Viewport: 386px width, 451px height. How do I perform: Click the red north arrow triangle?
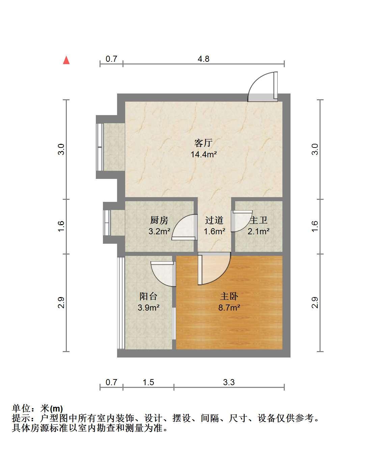(66, 60)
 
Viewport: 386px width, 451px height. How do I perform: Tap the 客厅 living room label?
(203, 143)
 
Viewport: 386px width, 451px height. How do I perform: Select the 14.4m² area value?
(204, 155)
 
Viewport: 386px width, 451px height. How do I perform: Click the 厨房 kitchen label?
(159, 220)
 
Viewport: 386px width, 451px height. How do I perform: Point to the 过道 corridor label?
(214, 220)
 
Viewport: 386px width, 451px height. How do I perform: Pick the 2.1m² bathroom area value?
(258, 231)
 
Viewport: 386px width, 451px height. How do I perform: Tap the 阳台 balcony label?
(148, 296)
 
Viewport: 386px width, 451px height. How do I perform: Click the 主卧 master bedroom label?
(229, 296)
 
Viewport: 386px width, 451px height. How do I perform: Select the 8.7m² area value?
(229, 308)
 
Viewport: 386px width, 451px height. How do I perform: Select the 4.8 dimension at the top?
(203, 59)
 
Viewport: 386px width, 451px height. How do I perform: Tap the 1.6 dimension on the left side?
(61, 226)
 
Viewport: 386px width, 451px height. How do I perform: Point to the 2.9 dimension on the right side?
(315, 302)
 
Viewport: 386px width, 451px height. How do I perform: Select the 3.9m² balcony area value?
(148, 308)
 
